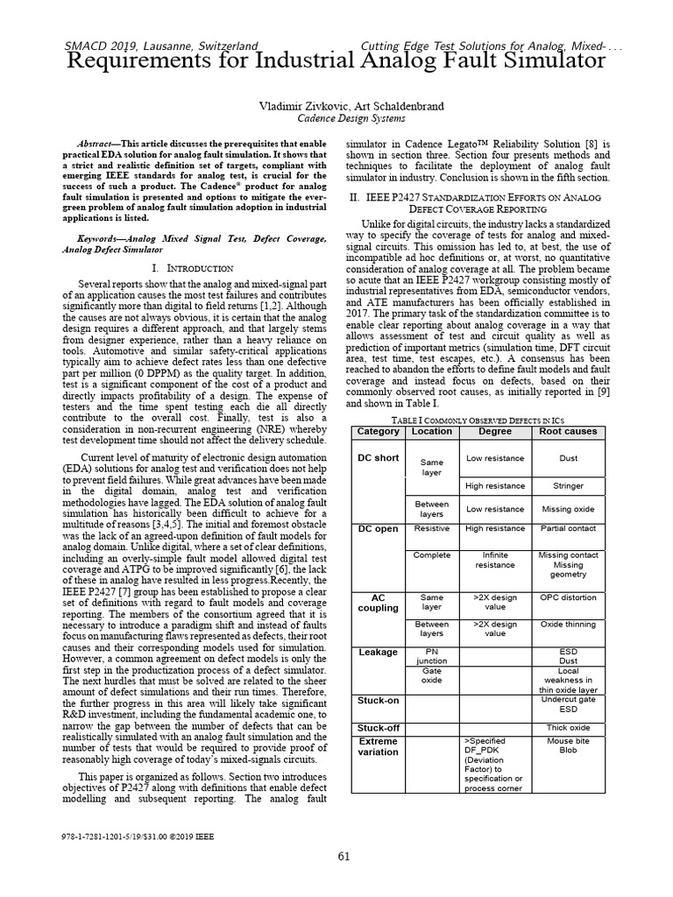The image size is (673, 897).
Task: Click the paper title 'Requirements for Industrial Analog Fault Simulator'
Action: point(336,60)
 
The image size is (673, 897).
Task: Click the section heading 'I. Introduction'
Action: point(192,267)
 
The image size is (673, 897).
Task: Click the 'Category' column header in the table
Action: point(379,432)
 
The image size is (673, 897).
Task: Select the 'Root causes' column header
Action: point(568,432)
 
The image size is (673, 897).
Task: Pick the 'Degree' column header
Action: point(495,432)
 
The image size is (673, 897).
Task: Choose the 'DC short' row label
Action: point(379,458)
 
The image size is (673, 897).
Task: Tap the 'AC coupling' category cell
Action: point(379,603)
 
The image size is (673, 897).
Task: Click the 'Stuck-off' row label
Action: point(379,728)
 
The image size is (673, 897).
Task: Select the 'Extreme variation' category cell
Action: point(379,746)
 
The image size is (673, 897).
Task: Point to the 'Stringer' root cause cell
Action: point(568,485)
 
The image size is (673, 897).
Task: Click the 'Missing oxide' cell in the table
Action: point(568,509)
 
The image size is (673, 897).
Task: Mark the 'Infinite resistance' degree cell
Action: point(495,560)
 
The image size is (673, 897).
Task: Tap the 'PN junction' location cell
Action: point(431,656)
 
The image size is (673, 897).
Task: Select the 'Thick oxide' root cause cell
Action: point(568,728)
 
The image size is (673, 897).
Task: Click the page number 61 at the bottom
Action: point(344,856)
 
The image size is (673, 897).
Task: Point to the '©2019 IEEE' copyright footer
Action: point(193,837)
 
